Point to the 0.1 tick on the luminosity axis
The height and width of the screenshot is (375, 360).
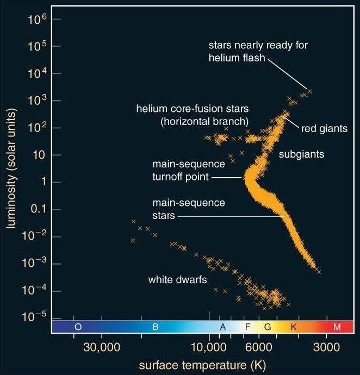[x=36, y=209]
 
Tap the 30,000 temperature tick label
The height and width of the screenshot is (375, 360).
[x=102, y=347]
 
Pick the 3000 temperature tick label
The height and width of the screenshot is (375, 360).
[x=325, y=347]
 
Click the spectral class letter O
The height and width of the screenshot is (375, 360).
[x=78, y=327]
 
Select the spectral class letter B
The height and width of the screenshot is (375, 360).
[x=154, y=327]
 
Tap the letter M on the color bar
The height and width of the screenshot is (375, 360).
[x=337, y=327]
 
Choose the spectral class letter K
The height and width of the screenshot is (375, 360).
[x=294, y=327]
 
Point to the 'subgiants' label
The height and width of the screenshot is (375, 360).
[x=301, y=154]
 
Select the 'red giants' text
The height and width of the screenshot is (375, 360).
[x=324, y=129]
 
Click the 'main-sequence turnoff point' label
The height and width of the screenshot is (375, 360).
[x=180, y=170]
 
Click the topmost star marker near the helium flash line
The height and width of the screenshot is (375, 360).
[x=310, y=91]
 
